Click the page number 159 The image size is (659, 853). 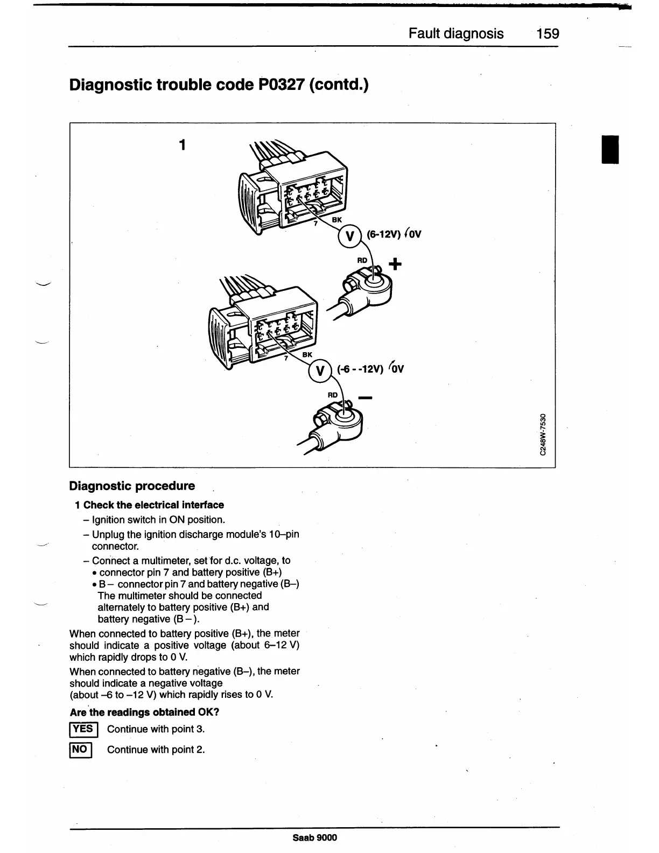548,34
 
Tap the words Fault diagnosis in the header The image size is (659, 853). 456,34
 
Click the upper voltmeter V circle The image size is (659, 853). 349,236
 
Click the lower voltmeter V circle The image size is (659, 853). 320,371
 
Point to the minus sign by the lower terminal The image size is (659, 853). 365,398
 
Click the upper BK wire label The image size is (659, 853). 336,220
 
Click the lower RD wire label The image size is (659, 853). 333,395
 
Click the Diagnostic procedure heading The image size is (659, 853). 132,486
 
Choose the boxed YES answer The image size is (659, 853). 83,729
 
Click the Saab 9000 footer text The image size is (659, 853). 315,837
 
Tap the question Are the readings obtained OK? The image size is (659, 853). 144,712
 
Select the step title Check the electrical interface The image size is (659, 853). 153,505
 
